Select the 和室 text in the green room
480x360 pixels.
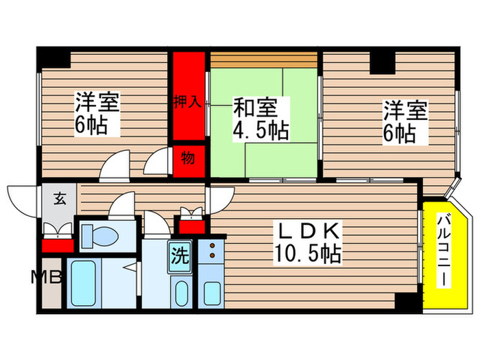coord(255,108)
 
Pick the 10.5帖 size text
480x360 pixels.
coord(309,255)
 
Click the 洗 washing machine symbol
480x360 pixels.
coord(180,256)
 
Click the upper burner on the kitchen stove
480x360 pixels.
coord(212,245)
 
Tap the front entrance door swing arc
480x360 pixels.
coord(21,199)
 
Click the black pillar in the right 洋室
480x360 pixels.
coord(383,63)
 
